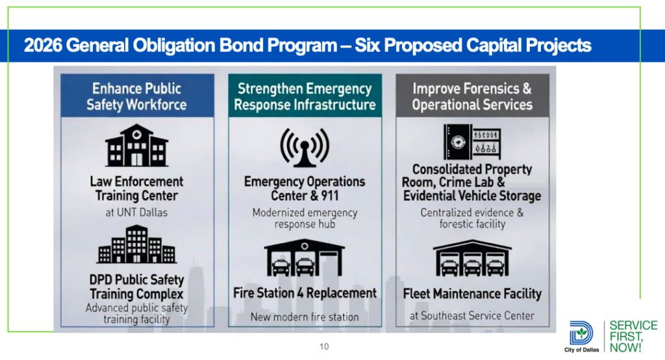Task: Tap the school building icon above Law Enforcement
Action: click(136, 145)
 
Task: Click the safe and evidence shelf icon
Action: click(472, 142)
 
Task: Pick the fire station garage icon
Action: click(305, 258)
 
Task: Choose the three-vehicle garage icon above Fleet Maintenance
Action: click(472, 258)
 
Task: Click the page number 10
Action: click(324, 346)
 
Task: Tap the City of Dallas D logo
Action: click(581, 333)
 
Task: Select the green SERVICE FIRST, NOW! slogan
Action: click(634, 337)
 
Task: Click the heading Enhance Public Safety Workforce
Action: click(136, 96)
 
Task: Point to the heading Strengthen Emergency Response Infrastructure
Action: click(305, 96)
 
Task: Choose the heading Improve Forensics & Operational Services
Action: click(472, 96)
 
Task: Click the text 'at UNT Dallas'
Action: click(136, 212)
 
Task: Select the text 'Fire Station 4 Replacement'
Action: click(305, 293)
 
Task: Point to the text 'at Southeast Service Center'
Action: click(472, 316)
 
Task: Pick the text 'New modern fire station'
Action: click(305, 316)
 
